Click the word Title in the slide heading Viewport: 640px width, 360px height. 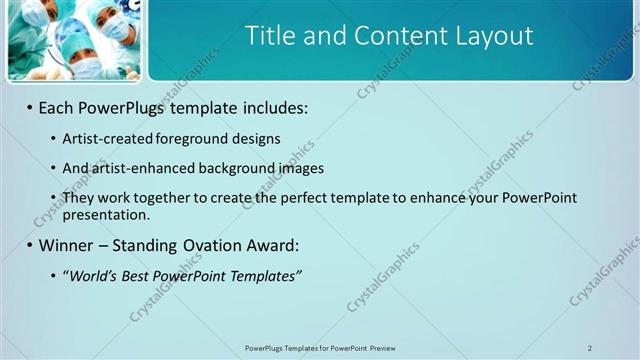pos(271,37)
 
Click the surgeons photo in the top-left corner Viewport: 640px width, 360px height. pos(73,40)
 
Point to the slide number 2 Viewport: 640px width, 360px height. pos(590,348)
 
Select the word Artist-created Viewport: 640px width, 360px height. pos(103,138)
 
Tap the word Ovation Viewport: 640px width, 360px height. pos(212,245)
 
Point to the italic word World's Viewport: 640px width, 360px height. pos(92,275)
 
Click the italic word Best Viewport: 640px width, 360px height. pos(136,275)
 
